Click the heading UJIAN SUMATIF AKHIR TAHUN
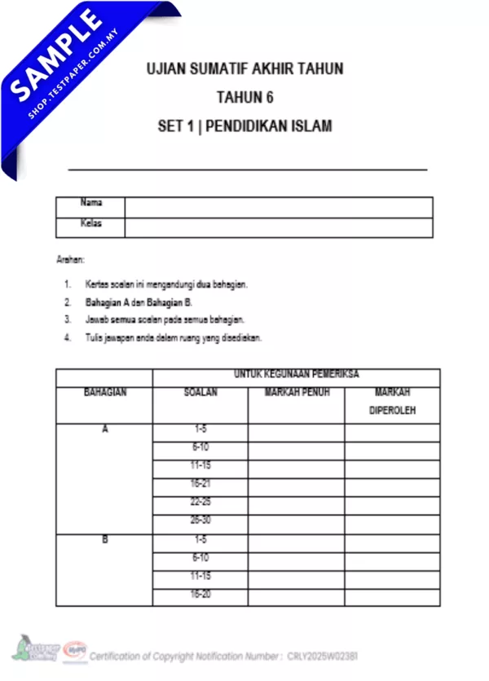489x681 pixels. pos(244,69)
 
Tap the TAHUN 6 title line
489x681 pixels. pos(244,98)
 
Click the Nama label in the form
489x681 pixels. pos(90,203)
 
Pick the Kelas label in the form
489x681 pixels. pos(90,223)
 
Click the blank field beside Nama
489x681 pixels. pos(278,206)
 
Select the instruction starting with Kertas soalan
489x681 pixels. pos(165,284)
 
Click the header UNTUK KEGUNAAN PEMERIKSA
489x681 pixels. pos(297,375)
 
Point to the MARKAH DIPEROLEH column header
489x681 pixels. pos(392,402)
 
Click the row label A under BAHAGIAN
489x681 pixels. pos(104,428)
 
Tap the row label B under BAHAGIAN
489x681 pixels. pos(104,540)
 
